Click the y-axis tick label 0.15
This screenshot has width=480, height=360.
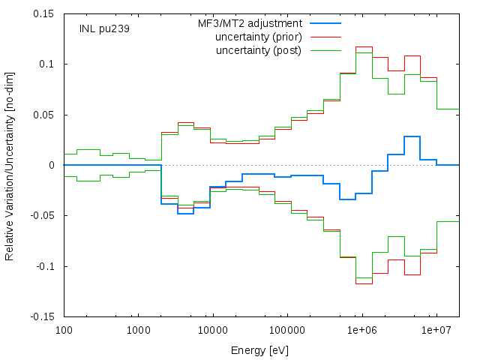coord(43,13)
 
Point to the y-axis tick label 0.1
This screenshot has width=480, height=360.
coord(46,64)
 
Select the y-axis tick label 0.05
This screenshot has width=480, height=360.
coord(43,115)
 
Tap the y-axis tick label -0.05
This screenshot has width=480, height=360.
coord(42,215)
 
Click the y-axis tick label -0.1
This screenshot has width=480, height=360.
coord(45,266)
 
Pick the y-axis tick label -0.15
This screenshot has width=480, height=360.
coord(42,316)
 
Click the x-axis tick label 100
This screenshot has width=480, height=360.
coord(64,330)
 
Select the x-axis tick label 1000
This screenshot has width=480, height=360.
coord(139,330)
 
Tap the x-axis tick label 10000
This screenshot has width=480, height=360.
coord(213,330)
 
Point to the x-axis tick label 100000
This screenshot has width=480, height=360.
coord(287,330)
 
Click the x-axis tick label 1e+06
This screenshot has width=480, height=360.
coord(362,330)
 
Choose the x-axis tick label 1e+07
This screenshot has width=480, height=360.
coord(436,330)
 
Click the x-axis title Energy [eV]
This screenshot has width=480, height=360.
coord(260,350)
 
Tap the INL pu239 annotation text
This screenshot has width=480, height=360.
coord(104,28)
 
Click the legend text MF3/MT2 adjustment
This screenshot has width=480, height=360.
coord(250,23)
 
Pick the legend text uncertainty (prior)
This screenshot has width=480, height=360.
coord(259,37)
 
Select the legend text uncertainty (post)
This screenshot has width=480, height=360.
coord(259,50)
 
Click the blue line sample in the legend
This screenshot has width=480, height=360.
coord(325,23)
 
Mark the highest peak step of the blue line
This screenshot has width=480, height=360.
coord(412,136)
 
